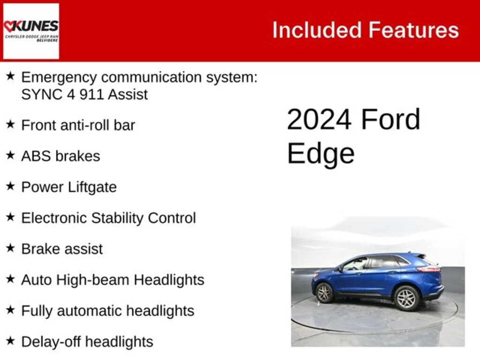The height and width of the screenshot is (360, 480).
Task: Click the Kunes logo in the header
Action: (31, 31)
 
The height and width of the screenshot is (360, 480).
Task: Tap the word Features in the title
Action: (413, 30)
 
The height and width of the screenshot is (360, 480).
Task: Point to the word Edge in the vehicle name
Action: (321, 153)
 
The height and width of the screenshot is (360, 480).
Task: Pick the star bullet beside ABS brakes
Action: (10, 155)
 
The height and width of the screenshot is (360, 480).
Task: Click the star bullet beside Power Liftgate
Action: (10, 186)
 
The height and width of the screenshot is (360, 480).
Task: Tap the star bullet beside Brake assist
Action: (10, 248)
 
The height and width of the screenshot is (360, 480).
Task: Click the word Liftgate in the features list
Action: (92, 187)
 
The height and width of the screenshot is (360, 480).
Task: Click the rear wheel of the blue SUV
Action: (406, 298)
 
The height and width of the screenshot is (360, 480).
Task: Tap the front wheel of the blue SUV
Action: (324, 292)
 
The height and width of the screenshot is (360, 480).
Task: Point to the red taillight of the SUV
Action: (429, 269)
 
